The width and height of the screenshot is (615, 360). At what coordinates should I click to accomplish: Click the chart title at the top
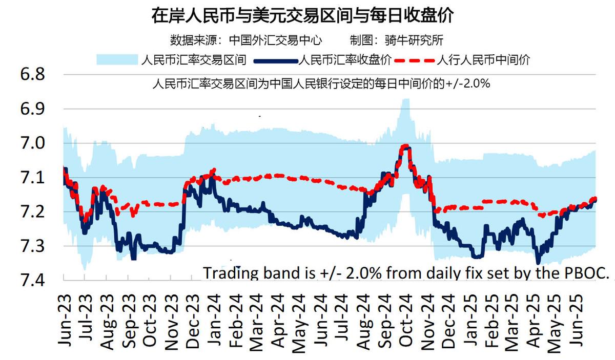click(x=303, y=15)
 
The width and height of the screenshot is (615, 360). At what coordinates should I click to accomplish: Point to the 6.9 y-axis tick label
click(x=32, y=109)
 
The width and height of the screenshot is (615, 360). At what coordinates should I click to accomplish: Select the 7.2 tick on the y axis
click(x=32, y=211)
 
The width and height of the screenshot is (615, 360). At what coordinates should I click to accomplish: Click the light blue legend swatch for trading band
click(x=117, y=60)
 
